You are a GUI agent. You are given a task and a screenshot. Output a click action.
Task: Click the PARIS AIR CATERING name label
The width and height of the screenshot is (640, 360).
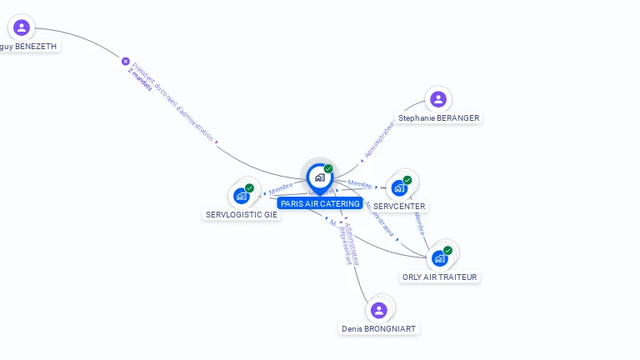pos(320,203)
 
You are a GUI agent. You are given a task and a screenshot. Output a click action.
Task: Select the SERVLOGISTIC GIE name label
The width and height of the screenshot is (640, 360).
pos(242,214)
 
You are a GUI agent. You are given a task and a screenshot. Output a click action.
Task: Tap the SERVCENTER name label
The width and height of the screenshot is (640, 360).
pos(399,206)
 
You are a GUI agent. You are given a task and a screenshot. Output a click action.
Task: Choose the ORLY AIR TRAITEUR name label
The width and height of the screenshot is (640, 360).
pos(440,277)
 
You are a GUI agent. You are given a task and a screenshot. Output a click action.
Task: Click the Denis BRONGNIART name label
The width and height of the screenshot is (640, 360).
pos(379,328)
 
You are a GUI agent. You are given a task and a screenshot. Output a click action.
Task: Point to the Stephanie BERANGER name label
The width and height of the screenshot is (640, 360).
pos(438,118)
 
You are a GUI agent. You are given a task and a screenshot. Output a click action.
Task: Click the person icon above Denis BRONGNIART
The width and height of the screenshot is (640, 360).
pos(379,310)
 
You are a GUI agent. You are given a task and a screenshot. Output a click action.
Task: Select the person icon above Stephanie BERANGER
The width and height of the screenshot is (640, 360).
pos(438,99)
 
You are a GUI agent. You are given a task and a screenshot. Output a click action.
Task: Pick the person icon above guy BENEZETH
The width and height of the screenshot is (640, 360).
pos(22,27)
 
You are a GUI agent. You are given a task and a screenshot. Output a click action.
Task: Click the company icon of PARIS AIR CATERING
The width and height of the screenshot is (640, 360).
pos(319,177)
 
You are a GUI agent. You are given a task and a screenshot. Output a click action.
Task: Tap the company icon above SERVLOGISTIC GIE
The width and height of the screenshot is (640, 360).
pos(241,196)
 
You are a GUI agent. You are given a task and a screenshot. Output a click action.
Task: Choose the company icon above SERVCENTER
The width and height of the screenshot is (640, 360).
pos(398,187)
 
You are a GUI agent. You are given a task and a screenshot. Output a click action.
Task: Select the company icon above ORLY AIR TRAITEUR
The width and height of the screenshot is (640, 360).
pos(439,258)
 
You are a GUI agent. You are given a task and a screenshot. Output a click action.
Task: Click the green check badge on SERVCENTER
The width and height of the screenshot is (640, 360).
pos(407,180)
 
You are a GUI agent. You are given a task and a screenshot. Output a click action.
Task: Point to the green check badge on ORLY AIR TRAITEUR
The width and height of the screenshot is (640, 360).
pos(448,250)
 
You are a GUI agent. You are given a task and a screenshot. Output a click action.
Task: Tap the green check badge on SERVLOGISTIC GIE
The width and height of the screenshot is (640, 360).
pos(249,188)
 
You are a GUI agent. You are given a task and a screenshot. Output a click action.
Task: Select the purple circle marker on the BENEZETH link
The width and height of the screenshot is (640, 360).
pos(126,61)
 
